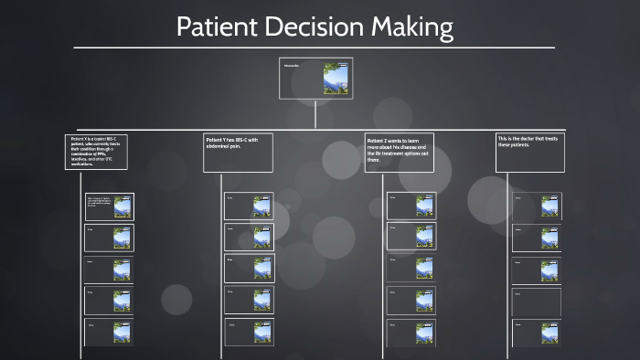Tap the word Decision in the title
[313, 27]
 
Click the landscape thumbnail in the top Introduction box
[336, 79]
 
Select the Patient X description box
[95, 151]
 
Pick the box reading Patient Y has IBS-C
[238, 152]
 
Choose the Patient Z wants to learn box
[399, 153]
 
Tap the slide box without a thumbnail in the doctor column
[536, 302]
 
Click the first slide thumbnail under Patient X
[122, 206]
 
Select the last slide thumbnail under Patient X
[122, 332]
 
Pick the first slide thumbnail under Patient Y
[261, 206]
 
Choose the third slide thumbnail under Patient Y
[261, 268]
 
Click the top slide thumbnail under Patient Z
[424, 206]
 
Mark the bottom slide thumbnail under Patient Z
[424, 330]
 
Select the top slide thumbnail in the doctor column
[549, 206]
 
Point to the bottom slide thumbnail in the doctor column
[549, 333]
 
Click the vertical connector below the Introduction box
[315, 113]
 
